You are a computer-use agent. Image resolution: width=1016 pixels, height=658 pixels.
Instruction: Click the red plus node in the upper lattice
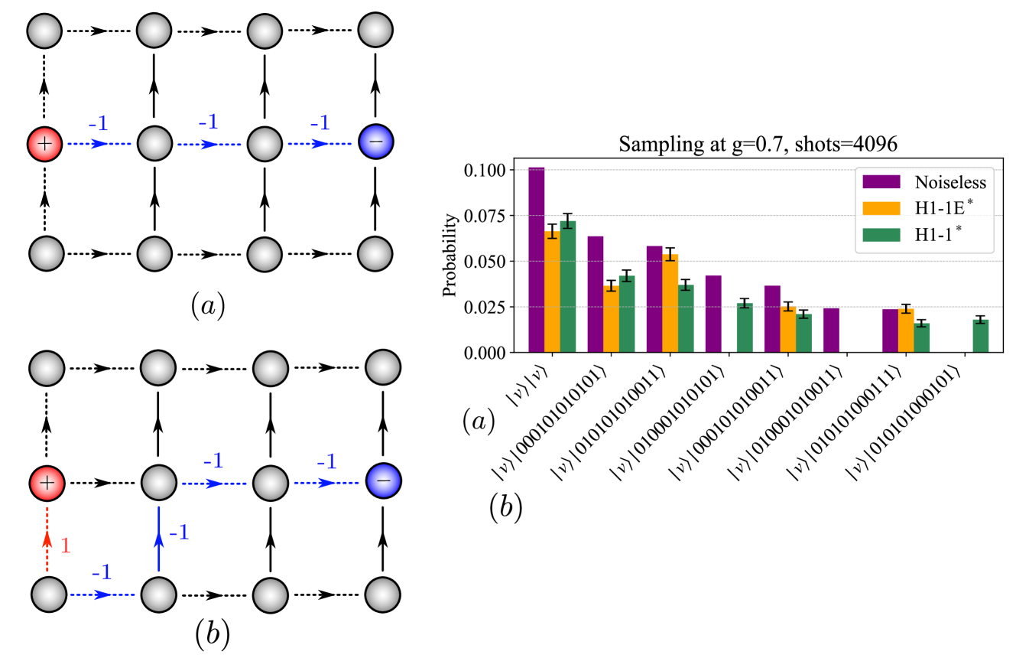pyautogui.click(x=44, y=143)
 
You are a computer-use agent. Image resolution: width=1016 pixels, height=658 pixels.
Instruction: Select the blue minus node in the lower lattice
pyautogui.click(x=380, y=484)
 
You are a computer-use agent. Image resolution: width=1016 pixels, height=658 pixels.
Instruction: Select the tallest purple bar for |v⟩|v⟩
pyautogui.click(x=536, y=260)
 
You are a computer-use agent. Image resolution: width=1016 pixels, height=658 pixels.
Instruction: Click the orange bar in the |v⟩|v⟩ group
pyautogui.click(x=552, y=292)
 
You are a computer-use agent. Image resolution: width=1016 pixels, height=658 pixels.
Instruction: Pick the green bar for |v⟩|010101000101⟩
pyautogui.click(x=980, y=336)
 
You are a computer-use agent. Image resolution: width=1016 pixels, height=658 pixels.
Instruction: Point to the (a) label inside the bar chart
pyautogui.click(x=479, y=421)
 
